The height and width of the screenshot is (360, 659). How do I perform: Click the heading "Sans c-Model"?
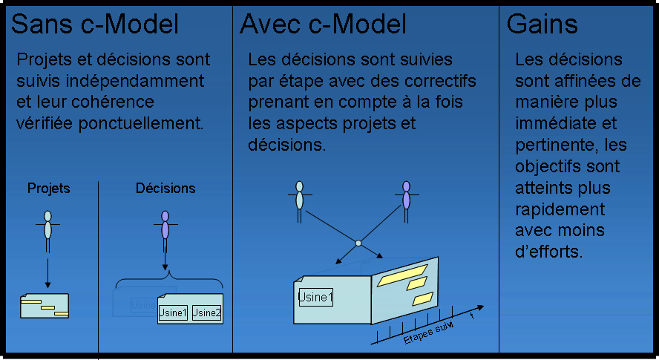pyautogui.click(x=95, y=24)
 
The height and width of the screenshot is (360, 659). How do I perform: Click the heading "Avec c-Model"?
pyautogui.click(x=323, y=24)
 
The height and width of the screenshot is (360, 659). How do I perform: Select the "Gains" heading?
pyautogui.click(x=542, y=24)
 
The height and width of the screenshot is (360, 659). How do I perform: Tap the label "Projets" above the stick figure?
pyautogui.click(x=48, y=189)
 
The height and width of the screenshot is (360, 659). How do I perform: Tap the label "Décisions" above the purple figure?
pyautogui.click(x=165, y=188)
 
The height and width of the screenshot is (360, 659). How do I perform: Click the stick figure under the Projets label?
pyautogui.click(x=47, y=232)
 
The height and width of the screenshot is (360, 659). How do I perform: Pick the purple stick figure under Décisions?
pyautogui.click(x=165, y=232)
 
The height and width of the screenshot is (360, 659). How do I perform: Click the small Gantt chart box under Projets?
pyautogui.click(x=45, y=306)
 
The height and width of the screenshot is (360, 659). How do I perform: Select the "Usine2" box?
pyautogui.click(x=206, y=313)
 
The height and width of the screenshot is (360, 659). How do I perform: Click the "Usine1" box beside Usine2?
pyautogui.click(x=173, y=313)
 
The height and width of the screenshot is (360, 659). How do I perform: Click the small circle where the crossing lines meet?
pyautogui.click(x=358, y=243)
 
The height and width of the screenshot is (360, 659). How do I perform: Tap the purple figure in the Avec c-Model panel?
pyautogui.click(x=406, y=202)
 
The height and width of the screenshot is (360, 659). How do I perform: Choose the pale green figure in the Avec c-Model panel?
pyautogui.click(x=299, y=202)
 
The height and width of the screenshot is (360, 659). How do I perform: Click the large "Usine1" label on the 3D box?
pyautogui.click(x=315, y=298)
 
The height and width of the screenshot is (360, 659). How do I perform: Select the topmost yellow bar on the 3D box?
pyautogui.click(x=402, y=275)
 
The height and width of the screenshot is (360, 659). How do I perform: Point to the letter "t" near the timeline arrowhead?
pyautogui.click(x=473, y=315)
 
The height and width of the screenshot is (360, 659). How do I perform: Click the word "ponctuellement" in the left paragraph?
pyautogui.click(x=141, y=124)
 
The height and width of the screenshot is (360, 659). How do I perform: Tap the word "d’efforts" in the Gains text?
pyautogui.click(x=549, y=252)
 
